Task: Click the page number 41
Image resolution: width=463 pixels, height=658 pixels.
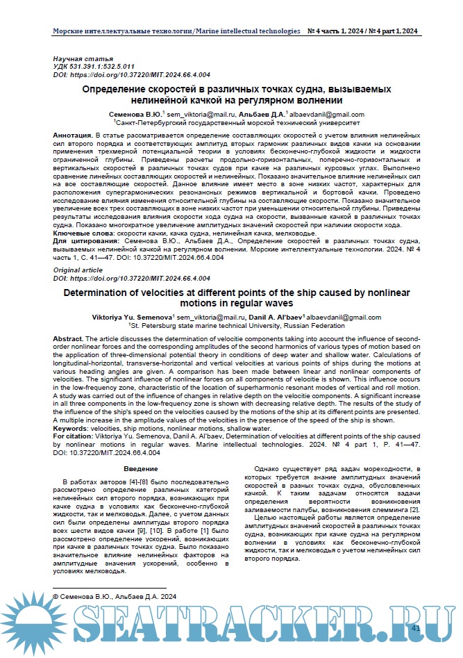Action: pyautogui.click(x=416, y=627)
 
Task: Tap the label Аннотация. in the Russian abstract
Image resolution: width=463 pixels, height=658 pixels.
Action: pyautogui.click(x=73, y=131)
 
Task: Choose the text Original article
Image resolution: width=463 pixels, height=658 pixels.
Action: pyautogui.click(x=78, y=269)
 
